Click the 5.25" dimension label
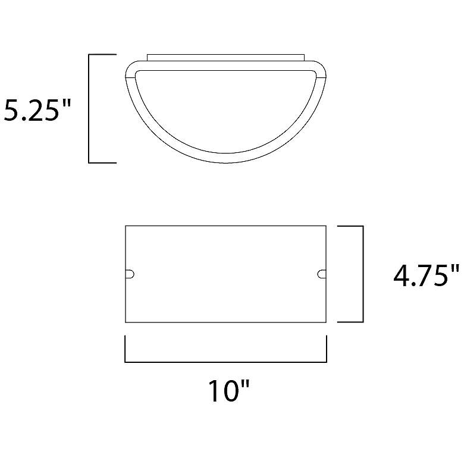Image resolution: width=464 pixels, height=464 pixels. click(x=37, y=110)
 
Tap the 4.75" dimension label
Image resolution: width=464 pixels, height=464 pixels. click(x=427, y=275)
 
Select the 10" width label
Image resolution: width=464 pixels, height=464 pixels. click(x=230, y=391)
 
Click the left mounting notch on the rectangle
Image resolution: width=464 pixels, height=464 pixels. click(x=130, y=274)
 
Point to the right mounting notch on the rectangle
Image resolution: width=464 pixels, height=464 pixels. click(x=322, y=274)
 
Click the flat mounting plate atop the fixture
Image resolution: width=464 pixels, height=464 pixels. click(x=225, y=58)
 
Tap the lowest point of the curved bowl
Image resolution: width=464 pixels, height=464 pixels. click(x=226, y=162)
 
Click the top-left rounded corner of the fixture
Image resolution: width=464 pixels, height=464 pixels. click(x=130, y=67)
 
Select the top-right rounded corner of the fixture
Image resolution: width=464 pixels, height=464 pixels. click(x=321, y=67)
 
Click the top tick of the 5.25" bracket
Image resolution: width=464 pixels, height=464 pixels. click(x=102, y=55)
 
